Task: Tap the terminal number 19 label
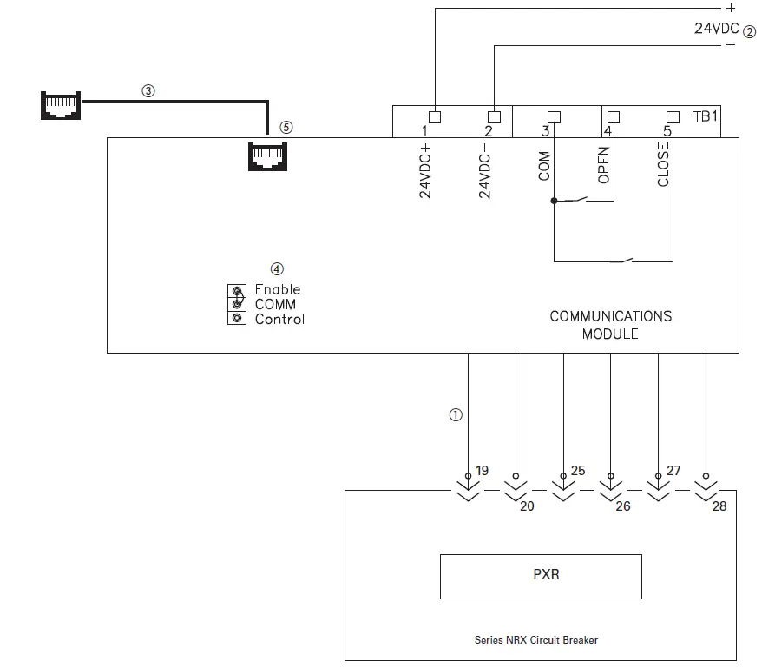tap(483, 471)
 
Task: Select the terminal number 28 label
tap(719, 506)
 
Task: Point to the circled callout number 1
tap(456, 415)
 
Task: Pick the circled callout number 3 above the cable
tap(148, 90)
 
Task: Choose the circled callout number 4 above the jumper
tap(277, 269)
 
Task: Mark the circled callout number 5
tap(286, 127)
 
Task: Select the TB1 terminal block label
tap(706, 116)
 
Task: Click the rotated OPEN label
tap(604, 164)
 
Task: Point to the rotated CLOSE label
tap(664, 164)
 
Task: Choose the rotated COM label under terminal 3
tap(544, 166)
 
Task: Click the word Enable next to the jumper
tap(278, 289)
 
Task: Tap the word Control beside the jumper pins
tap(279, 319)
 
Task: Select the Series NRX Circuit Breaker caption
tap(535, 640)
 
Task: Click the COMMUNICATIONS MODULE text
tap(610, 325)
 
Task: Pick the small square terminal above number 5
tap(672, 116)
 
